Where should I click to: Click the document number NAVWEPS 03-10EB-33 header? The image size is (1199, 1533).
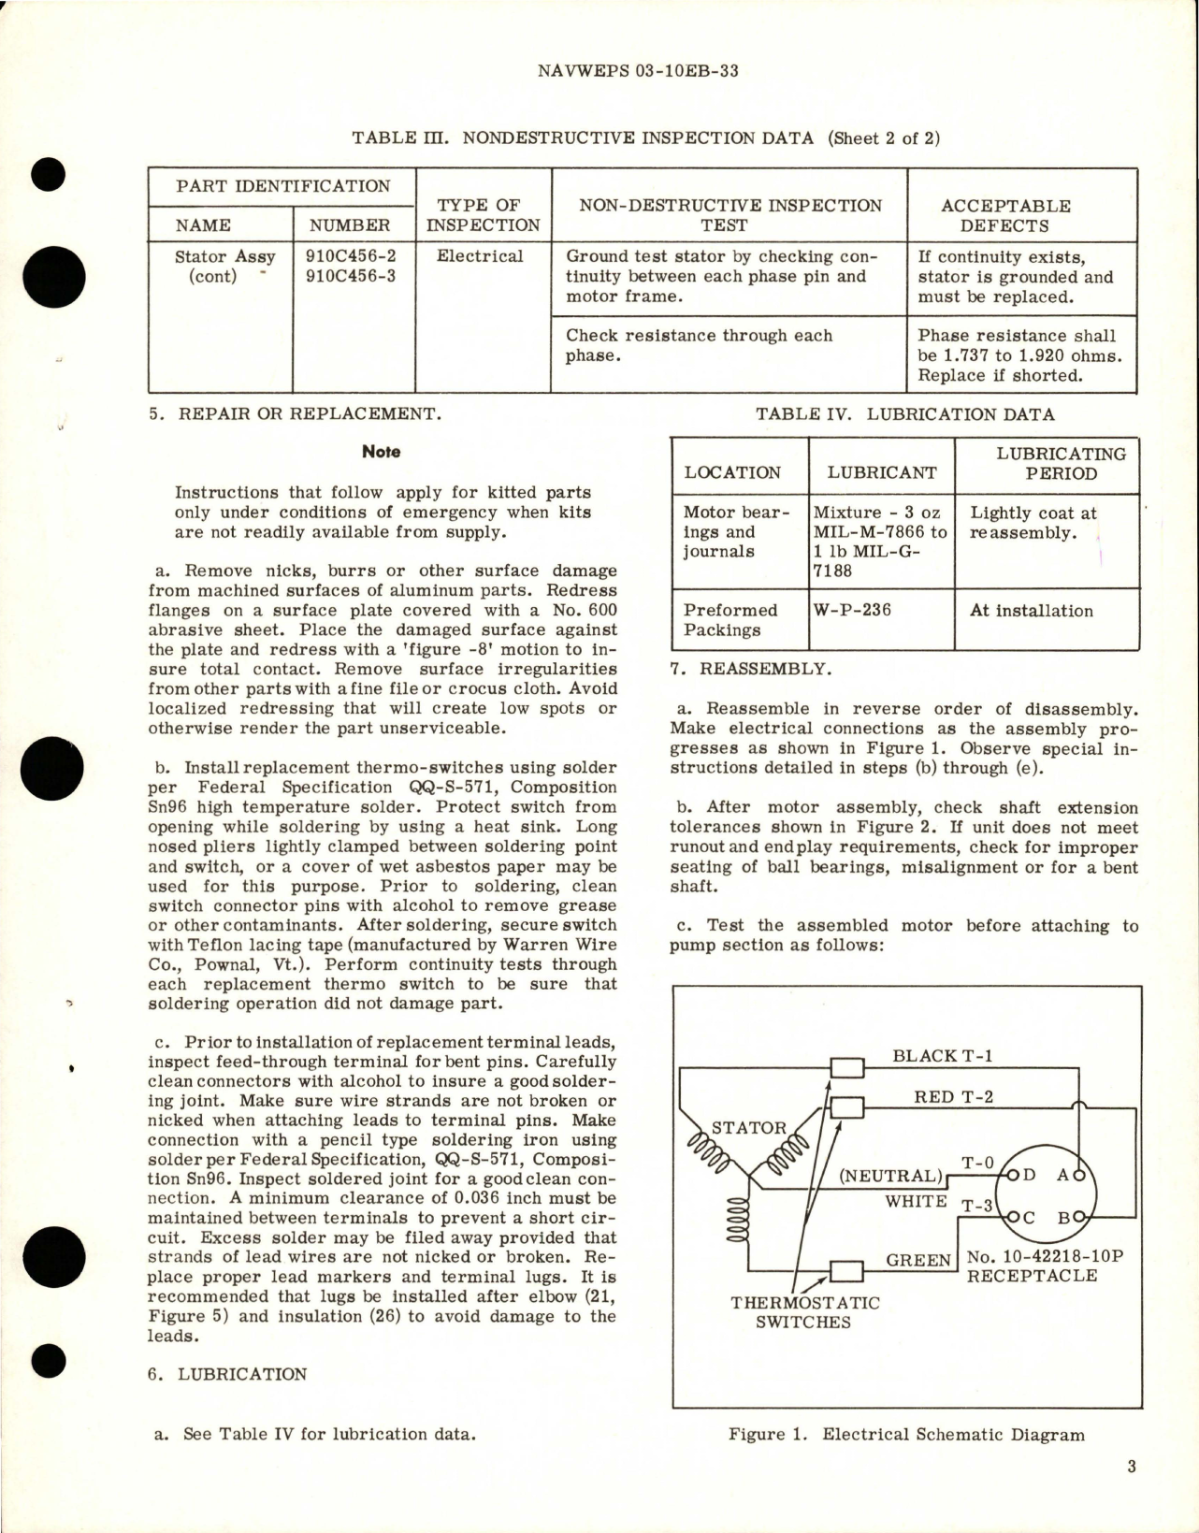coord(639,71)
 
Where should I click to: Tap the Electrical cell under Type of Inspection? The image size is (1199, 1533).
coord(480,256)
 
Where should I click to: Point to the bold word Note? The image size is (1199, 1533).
coord(382,452)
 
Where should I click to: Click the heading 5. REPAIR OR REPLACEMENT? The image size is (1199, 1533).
coord(294,413)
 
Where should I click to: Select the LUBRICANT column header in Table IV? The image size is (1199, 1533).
coord(881,472)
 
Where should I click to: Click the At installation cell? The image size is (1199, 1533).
coord(1032,611)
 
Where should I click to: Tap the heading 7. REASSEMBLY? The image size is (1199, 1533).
coord(749,669)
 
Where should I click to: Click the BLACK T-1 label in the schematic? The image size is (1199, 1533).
coord(943,1056)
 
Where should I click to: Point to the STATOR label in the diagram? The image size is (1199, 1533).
coord(749,1128)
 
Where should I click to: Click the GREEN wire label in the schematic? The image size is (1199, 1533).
coord(918,1261)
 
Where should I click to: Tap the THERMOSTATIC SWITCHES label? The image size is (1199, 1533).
coord(804,1312)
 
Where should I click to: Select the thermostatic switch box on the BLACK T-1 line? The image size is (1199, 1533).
coord(846,1067)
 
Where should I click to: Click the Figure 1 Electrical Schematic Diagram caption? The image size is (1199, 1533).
coord(906,1435)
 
